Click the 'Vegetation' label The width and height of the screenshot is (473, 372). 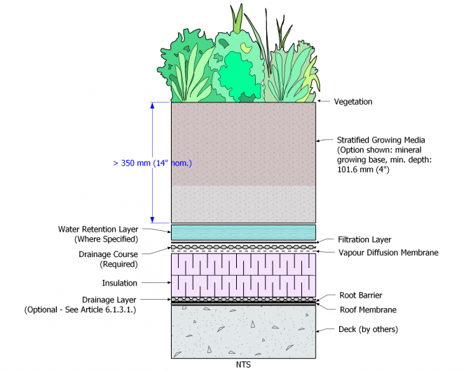pyautogui.click(x=353, y=102)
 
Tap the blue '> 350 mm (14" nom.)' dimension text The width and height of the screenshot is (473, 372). pyautogui.click(x=151, y=164)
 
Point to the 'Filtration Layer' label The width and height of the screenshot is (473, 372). pyautogui.click(x=364, y=239)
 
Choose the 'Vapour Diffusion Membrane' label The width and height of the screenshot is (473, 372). pyautogui.click(x=388, y=252)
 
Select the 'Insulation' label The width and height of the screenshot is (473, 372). pyautogui.click(x=120, y=283)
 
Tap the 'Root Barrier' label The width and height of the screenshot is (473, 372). pyautogui.click(x=360, y=296)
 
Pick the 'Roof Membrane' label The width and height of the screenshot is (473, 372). pyautogui.click(x=368, y=310)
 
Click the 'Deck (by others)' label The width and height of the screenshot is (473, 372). pyautogui.click(x=368, y=329)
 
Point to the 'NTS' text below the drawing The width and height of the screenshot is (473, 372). pyautogui.click(x=242, y=364)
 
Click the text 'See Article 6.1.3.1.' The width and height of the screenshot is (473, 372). pyautogui.click(x=106, y=310)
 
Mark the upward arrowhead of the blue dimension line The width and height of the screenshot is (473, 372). pyautogui.click(x=152, y=105)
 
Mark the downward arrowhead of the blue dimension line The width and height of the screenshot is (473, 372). pyautogui.click(x=152, y=219)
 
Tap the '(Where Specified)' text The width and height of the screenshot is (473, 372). pyautogui.click(x=106, y=239)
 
